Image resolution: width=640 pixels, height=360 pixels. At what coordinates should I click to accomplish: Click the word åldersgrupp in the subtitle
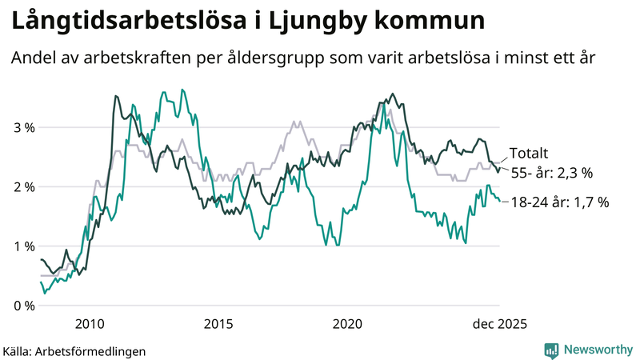294,59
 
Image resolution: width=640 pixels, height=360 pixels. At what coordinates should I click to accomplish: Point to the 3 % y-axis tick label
22,127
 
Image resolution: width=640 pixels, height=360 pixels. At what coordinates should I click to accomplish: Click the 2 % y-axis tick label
22,186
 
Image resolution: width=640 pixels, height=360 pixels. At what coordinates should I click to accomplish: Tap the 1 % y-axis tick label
22,246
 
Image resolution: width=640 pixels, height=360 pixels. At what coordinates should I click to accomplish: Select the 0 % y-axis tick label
22,305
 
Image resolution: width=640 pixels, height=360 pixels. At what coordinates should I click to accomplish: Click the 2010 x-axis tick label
89,323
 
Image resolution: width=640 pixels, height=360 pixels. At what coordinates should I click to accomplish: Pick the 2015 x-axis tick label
218,323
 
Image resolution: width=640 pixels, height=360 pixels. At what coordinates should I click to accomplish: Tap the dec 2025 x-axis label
499,323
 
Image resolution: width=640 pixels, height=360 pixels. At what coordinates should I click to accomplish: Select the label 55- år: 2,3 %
552,172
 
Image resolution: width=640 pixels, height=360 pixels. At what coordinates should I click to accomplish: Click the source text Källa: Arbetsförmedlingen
74,350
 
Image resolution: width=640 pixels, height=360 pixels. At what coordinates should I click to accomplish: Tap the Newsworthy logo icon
551,350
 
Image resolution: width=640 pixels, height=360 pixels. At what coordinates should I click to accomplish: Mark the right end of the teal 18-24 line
500,202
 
